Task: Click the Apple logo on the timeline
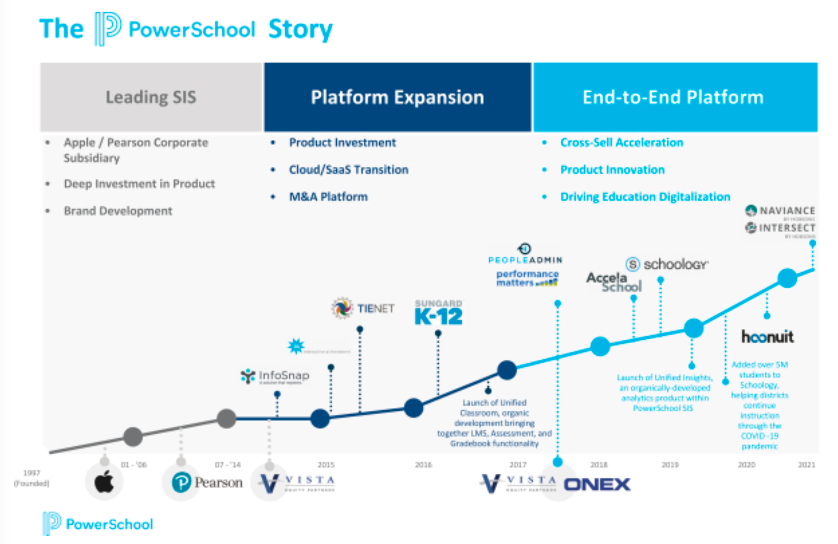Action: click(x=104, y=482)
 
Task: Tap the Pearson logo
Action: click(x=207, y=482)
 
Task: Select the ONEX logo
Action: click(x=597, y=485)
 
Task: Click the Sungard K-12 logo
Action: click(x=438, y=313)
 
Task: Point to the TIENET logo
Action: click(x=363, y=309)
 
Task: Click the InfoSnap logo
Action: click(x=275, y=376)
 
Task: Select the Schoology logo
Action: click(x=667, y=264)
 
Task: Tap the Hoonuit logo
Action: click(x=767, y=337)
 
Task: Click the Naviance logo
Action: click(x=780, y=211)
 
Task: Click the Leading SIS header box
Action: click(x=151, y=97)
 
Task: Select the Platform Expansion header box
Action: click(x=397, y=97)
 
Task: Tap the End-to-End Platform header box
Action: click(x=675, y=97)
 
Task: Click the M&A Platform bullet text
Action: click(x=328, y=197)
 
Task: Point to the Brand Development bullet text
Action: click(x=118, y=211)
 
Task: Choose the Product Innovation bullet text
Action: click(x=612, y=170)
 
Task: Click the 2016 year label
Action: click(x=423, y=465)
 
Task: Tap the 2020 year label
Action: click(x=746, y=465)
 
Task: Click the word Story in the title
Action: click(x=300, y=29)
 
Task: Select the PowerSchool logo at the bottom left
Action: click(x=98, y=523)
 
